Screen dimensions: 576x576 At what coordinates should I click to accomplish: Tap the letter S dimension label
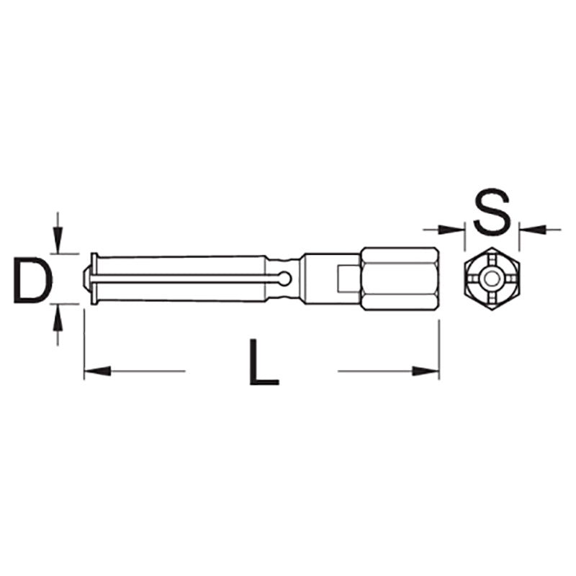(x=492, y=210)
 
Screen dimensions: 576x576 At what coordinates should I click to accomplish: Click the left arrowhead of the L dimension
(x=96, y=372)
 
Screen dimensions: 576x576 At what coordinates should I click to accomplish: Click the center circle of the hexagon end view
(x=492, y=279)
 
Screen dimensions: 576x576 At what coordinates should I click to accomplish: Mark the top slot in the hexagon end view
(x=492, y=260)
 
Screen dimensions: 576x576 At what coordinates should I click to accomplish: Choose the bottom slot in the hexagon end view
(x=492, y=297)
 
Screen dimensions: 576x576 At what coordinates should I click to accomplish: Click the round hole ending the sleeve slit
(x=286, y=278)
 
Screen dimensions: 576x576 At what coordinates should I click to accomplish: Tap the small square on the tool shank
(x=345, y=279)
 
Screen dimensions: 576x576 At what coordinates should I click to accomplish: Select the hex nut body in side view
(x=398, y=279)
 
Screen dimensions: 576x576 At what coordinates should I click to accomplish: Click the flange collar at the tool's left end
(x=94, y=279)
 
